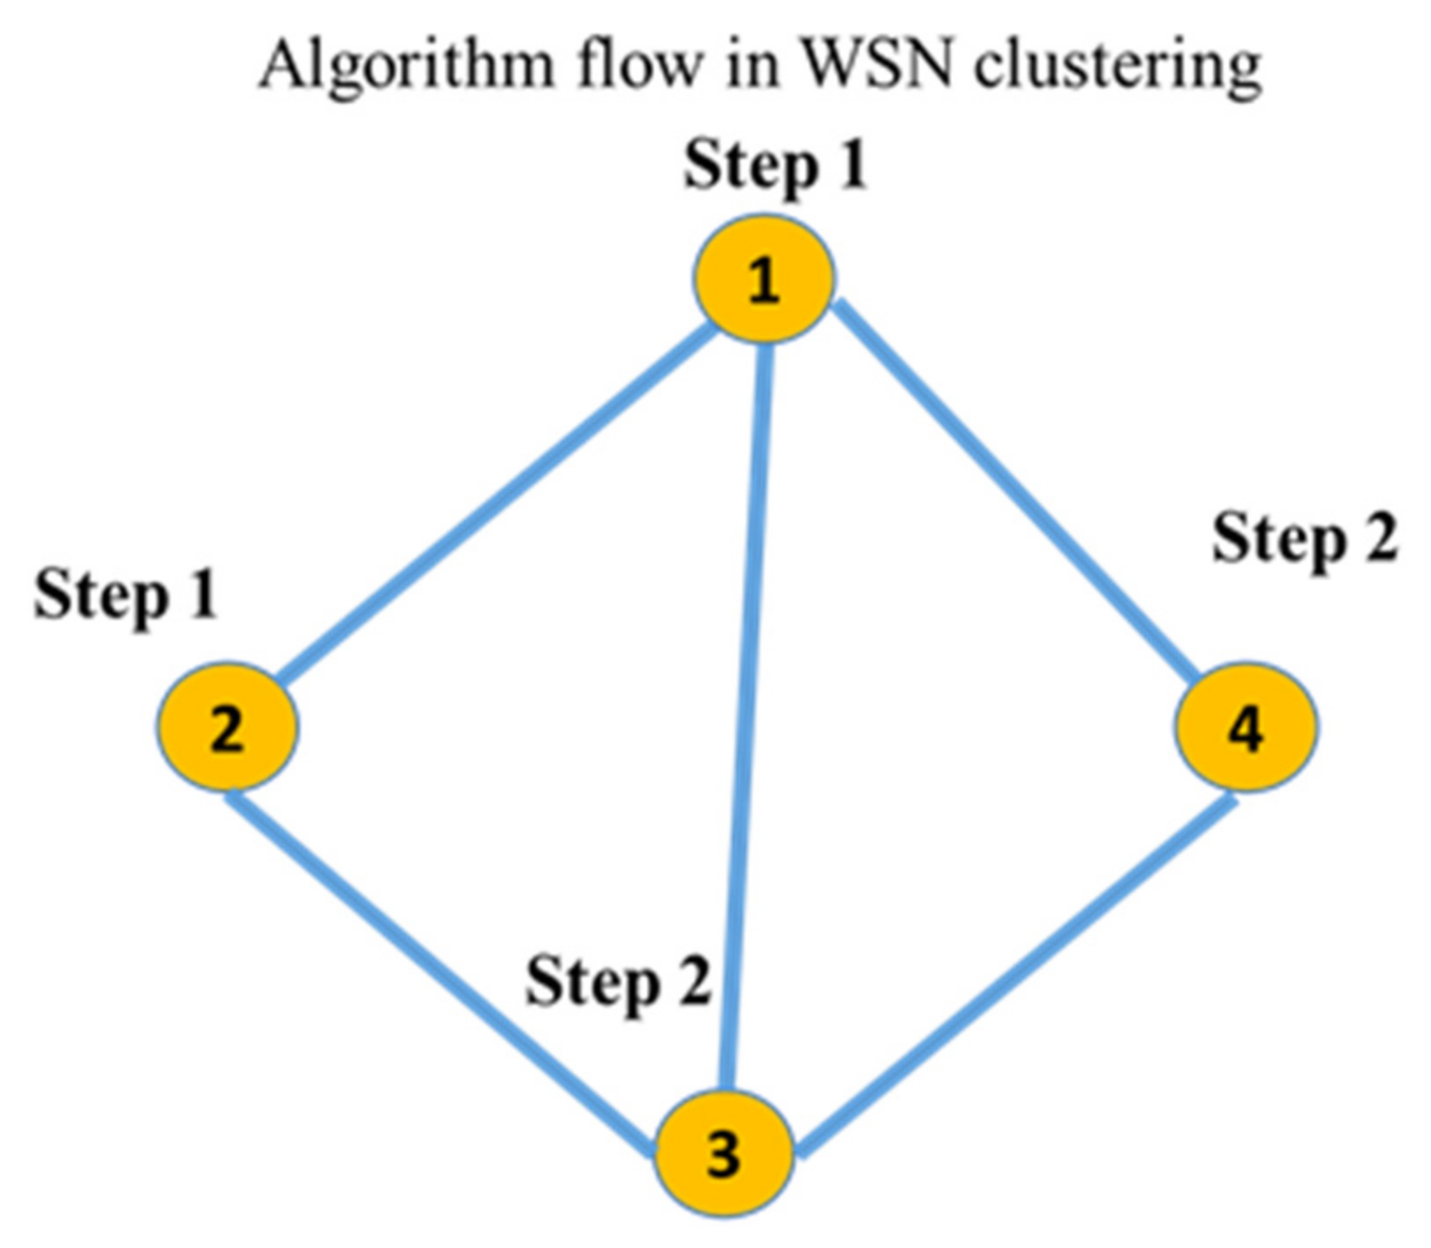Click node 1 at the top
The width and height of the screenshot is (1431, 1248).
click(763, 279)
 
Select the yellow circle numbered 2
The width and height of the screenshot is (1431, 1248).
click(228, 727)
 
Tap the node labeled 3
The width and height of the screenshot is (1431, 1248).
click(725, 1153)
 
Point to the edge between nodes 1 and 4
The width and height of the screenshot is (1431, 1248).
click(1015, 492)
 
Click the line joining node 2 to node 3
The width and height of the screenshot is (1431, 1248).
click(439, 971)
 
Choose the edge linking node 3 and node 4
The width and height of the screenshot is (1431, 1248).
click(1020, 976)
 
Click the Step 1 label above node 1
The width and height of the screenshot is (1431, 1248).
click(775, 164)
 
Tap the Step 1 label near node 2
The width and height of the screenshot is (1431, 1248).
click(126, 595)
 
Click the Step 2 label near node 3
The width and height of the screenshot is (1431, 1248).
click(618, 982)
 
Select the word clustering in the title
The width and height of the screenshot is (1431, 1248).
click(1118, 66)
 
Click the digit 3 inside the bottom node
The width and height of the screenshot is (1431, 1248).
click(724, 1155)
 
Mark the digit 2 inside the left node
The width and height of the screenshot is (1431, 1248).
click(228, 729)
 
